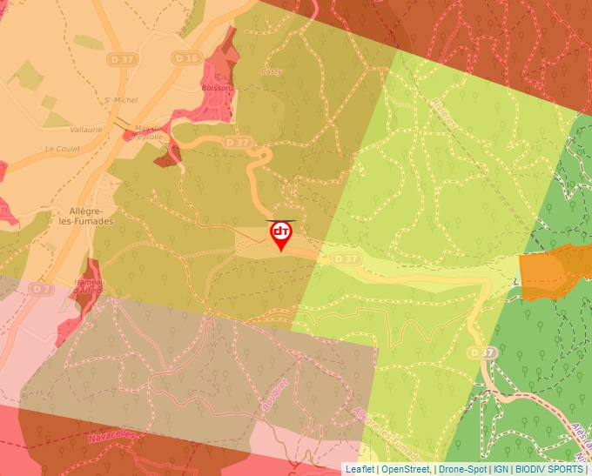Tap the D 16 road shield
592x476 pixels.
[192, 58]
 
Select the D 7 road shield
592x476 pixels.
[41, 288]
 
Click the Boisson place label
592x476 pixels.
[217, 88]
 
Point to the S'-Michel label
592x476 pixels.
[121, 100]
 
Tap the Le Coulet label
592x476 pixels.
[63, 149]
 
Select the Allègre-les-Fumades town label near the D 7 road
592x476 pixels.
[91, 216]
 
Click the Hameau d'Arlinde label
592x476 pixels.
[89, 286]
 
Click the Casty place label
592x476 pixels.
[272, 72]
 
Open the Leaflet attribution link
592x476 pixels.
[360, 469]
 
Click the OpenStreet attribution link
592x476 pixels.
[406, 469]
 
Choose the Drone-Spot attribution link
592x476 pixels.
[462, 469]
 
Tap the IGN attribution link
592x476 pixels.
[501, 469]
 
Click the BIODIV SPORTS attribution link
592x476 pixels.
[550, 469]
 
